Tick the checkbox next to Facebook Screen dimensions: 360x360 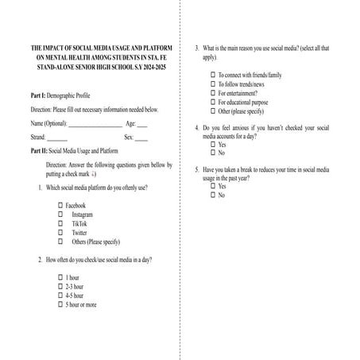coord(60,206)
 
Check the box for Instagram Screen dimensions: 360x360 coord(60,215)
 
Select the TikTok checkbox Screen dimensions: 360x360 coord(60,224)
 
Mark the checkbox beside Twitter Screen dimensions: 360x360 coord(60,233)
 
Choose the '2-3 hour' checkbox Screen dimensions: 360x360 coord(60,286)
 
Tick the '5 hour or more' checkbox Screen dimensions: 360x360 coord(60,304)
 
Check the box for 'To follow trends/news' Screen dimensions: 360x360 coord(213,83)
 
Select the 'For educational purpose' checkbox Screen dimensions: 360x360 coord(213,102)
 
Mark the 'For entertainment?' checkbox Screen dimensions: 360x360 coord(213,92)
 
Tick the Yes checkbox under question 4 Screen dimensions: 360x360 coord(213,144)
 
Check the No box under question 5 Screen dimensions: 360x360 coord(213,195)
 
